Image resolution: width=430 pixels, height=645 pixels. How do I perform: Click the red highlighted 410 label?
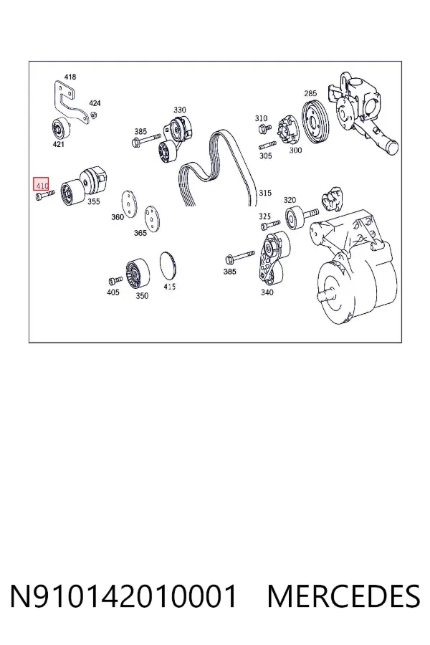pos(41,184)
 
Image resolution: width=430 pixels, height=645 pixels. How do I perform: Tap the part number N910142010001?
pos(123,596)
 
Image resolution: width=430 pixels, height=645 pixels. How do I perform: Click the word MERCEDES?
pos(343,596)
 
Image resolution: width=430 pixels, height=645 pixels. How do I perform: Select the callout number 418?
pos(70,77)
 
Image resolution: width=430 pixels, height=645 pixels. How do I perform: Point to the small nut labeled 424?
pos(93,115)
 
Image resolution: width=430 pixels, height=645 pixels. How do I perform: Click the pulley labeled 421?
pos(60,129)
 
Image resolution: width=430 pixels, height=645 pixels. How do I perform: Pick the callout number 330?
pos(179,110)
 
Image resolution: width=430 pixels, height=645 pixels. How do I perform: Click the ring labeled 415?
pos(168,267)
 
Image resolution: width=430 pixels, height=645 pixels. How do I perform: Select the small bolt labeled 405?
pos(115,280)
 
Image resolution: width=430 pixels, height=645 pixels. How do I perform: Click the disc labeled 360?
pos(129,204)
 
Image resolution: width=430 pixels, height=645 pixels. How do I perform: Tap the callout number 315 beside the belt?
pos(265,193)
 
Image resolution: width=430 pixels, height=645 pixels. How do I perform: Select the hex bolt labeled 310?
pos(264,130)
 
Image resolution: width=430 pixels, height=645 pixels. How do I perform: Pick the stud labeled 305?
pos(267,145)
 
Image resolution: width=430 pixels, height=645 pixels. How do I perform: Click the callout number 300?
pos(295,150)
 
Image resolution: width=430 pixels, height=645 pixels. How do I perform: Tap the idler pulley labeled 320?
pos(295,219)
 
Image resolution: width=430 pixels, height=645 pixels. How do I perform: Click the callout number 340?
pos(267,292)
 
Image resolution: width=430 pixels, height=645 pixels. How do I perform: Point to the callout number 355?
pos(93,201)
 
